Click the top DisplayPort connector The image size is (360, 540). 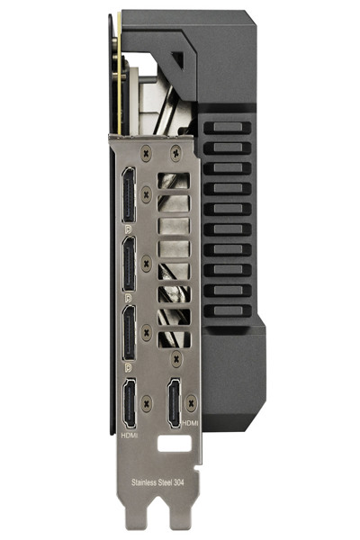129,195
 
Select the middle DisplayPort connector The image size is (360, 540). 129,264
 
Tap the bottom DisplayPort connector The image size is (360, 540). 129,333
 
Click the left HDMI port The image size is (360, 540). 130,403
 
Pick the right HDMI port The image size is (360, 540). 175,403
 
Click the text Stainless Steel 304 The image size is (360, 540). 157,482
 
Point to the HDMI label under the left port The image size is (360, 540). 130,436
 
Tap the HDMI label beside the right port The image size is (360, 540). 190,423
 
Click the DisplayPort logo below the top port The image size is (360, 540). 129,229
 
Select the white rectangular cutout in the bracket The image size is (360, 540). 174,443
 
